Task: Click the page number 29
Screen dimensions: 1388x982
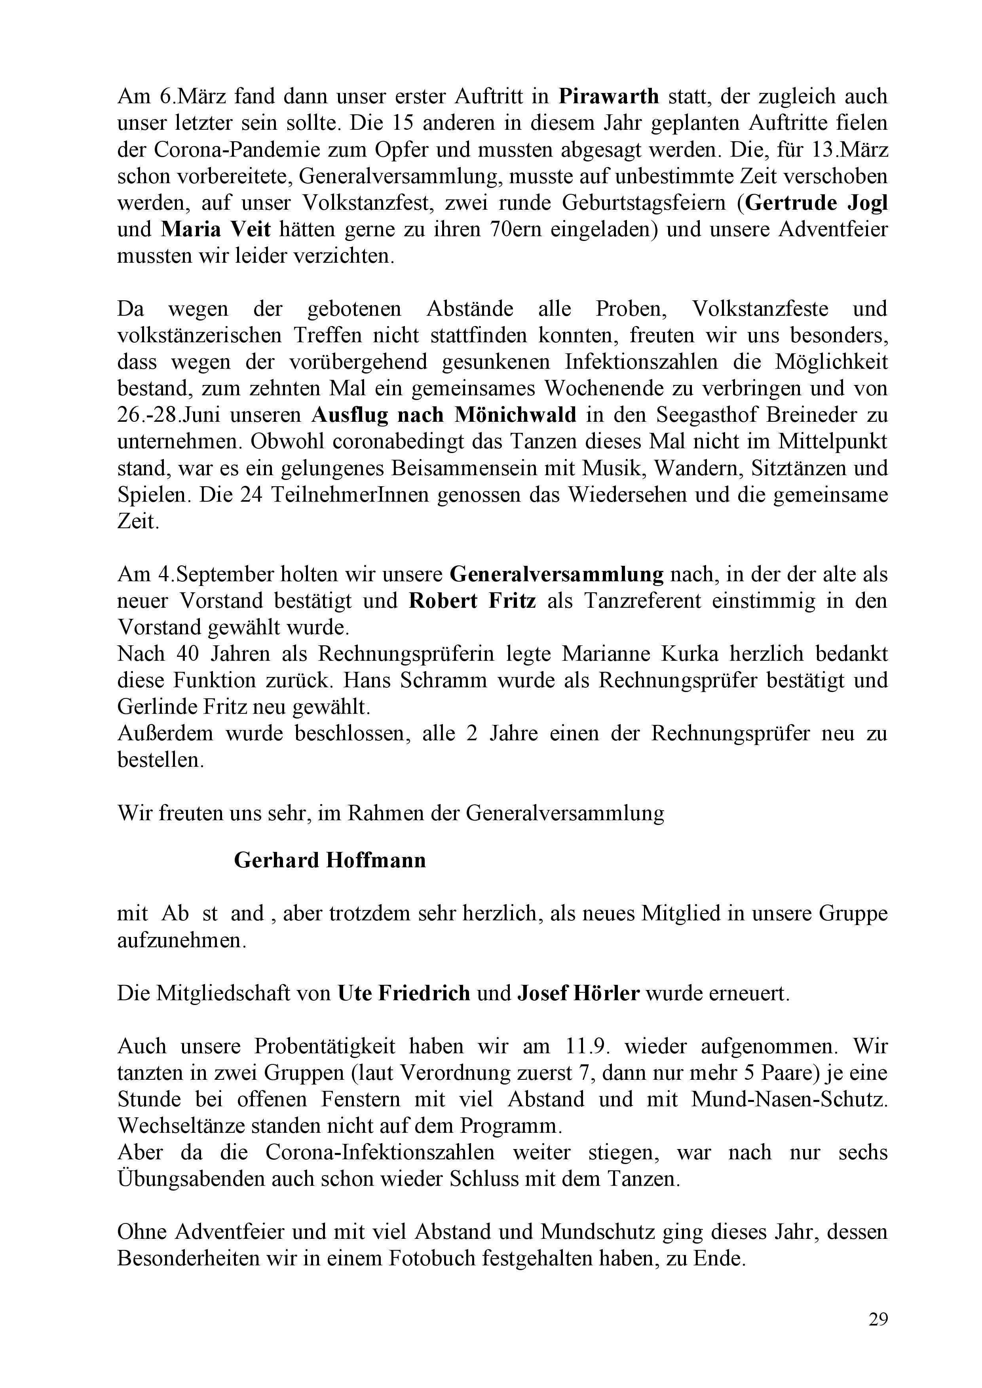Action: tap(878, 1319)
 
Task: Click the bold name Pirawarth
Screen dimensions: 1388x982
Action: tap(609, 96)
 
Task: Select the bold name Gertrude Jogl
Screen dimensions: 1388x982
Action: tap(816, 203)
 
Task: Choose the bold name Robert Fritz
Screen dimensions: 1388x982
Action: tap(472, 600)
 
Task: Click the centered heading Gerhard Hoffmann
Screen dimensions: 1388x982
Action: tap(330, 860)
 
